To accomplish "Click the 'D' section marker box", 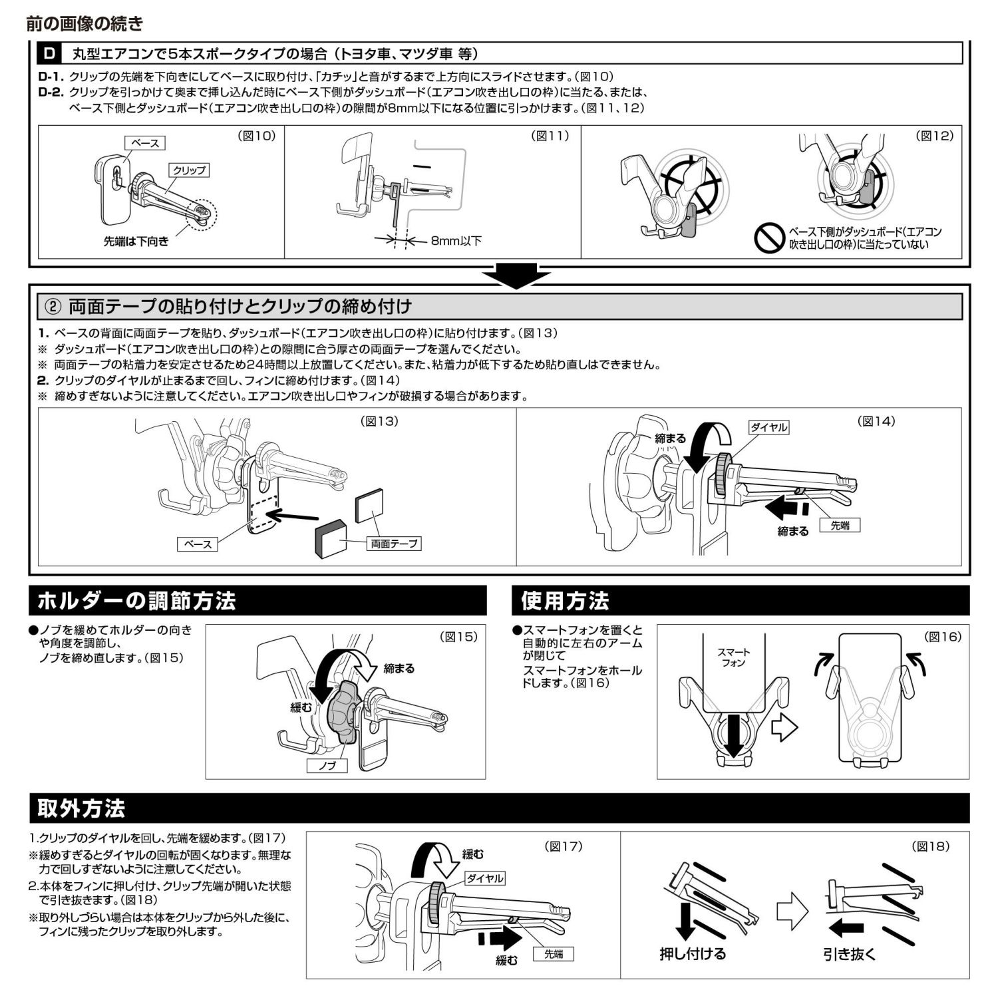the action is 50,53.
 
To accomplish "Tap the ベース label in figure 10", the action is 144,143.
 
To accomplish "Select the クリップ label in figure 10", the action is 189,170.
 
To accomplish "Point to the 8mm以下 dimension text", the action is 456,241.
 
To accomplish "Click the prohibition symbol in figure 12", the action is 770,238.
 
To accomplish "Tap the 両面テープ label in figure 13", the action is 395,544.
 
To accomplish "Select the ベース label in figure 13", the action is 198,544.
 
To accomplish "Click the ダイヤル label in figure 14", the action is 768,428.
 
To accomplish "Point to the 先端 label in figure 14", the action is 840,525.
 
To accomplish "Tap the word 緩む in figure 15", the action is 301,707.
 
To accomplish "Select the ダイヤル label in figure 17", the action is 484,878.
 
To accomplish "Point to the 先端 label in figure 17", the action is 553,954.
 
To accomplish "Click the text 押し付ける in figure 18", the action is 693,954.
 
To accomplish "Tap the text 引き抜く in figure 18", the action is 850,954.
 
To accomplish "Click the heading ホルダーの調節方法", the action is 137,601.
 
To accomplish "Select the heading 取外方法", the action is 81,808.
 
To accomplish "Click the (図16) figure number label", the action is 943,637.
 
